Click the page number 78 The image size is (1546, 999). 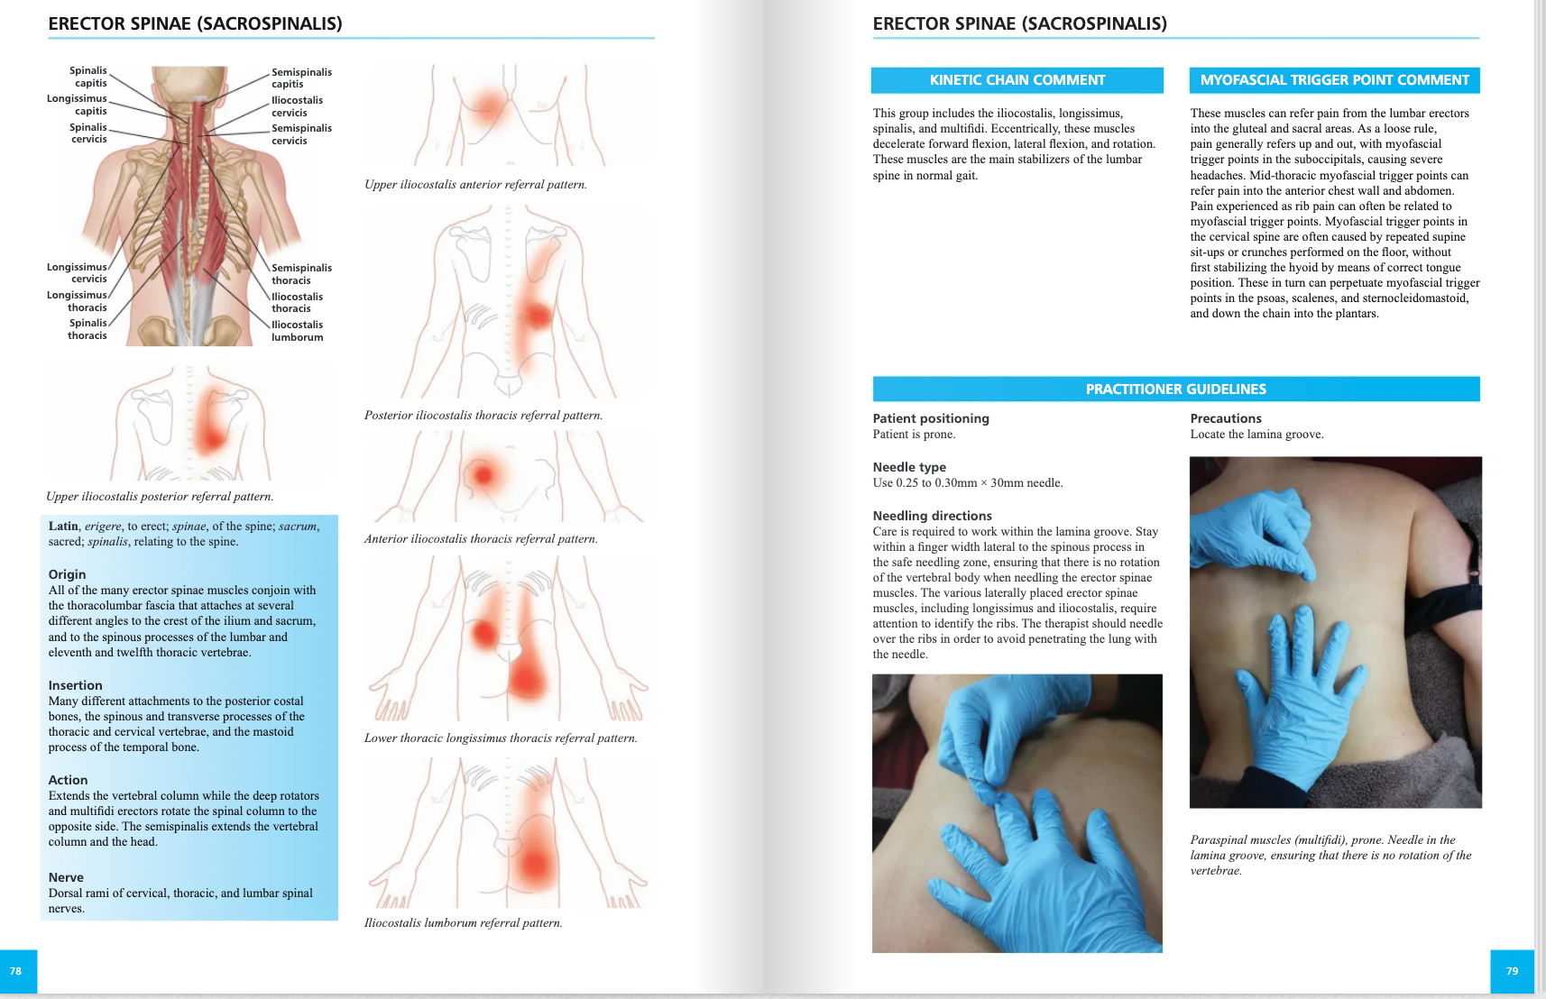click(x=15, y=971)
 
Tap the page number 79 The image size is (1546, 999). click(x=1512, y=971)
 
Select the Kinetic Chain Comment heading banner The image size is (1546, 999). click(x=1017, y=80)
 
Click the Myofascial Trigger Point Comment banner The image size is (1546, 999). click(x=1334, y=80)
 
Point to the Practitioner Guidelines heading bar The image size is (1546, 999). click(x=1175, y=390)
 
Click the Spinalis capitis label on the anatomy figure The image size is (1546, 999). click(x=88, y=77)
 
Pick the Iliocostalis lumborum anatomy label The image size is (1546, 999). click(x=297, y=331)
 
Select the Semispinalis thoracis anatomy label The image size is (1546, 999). click(x=301, y=274)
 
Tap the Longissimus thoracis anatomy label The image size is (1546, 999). click(x=78, y=301)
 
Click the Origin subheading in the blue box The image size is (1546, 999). click(x=68, y=574)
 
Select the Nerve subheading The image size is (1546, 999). click(x=66, y=877)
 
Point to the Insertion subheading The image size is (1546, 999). click(x=76, y=685)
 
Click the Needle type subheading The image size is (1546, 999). click(x=909, y=467)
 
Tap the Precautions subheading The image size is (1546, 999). click(x=1226, y=418)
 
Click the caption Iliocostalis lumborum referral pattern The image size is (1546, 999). click(x=463, y=923)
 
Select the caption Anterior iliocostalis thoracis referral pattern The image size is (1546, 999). click(x=481, y=539)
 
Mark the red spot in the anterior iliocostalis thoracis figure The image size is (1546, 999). click(x=483, y=474)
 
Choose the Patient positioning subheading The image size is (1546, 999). click(x=931, y=418)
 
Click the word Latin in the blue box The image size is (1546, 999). click(x=63, y=527)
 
